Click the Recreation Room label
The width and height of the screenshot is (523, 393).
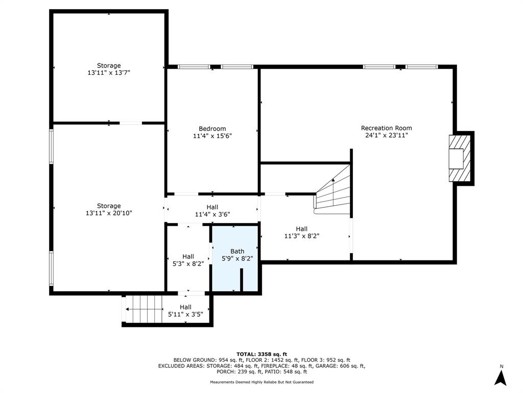coord(386,132)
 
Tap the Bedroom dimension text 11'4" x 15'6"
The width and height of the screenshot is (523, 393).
coord(212,136)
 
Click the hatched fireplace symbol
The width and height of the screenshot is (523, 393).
coord(460,158)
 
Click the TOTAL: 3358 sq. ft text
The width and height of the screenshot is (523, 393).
coord(261,354)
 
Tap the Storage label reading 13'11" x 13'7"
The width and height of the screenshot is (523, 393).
coord(109,69)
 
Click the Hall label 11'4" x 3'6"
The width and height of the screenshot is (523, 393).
coord(212,211)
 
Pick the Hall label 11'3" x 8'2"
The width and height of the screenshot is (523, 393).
coord(301,233)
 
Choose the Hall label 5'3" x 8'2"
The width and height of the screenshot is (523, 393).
coord(188,260)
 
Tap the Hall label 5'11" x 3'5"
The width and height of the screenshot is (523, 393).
coord(185,311)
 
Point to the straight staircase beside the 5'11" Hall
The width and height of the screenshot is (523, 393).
coord(143,310)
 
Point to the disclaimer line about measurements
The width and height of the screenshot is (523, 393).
coord(261,382)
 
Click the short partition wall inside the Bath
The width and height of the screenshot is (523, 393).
coord(242,280)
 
